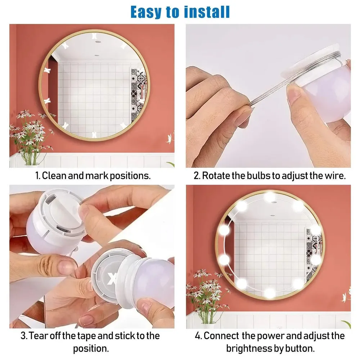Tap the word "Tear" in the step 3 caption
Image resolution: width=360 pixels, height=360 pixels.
pyautogui.click(x=38, y=336)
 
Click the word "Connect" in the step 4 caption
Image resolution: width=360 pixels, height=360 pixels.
pyautogui.click(x=221, y=336)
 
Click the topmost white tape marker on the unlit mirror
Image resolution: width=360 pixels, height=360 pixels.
pyautogui.click(x=95, y=36)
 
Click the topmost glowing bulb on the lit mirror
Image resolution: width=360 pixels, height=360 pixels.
pyautogui.click(x=269, y=197)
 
